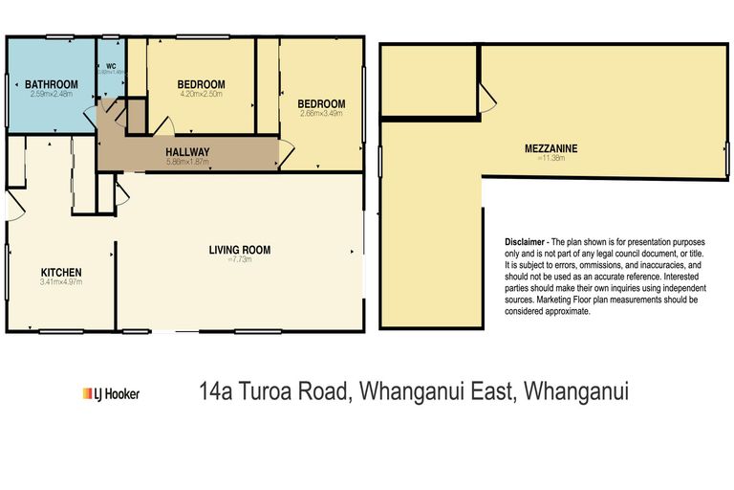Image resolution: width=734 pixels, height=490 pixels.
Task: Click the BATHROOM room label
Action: (x=52, y=84)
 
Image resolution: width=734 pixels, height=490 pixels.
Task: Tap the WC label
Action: (x=111, y=66)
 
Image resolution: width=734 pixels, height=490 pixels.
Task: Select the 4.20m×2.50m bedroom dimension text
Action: (x=201, y=95)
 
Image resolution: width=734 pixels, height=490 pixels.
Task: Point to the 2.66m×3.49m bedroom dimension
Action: (x=320, y=114)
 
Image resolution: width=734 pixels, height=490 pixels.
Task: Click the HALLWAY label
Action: (x=187, y=152)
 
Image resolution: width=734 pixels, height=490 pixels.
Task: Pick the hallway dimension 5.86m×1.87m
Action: (x=187, y=162)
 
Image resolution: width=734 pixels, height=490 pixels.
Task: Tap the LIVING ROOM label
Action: (x=240, y=250)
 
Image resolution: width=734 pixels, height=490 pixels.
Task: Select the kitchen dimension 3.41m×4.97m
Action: (x=60, y=282)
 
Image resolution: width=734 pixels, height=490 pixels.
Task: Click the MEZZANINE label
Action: (x=551, y=148)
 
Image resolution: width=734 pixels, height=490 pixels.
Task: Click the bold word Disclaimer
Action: (x=525, y=243)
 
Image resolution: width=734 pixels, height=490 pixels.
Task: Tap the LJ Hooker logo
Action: (x=111, y=392)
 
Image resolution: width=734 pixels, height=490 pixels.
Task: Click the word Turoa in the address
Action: (x=270, y=391)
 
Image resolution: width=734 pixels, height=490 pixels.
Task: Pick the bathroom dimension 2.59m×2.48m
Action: (x=52, y=94)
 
